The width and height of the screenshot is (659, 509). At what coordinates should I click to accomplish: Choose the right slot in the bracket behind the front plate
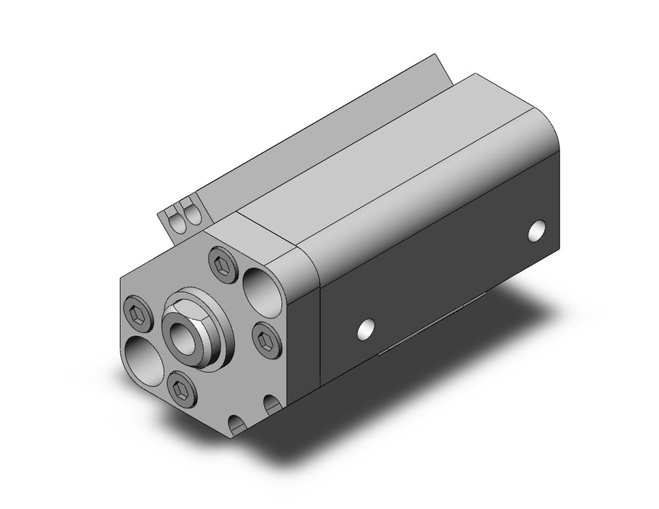pos(192,213)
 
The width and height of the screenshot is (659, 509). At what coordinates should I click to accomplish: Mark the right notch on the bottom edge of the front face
pos(271,404)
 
